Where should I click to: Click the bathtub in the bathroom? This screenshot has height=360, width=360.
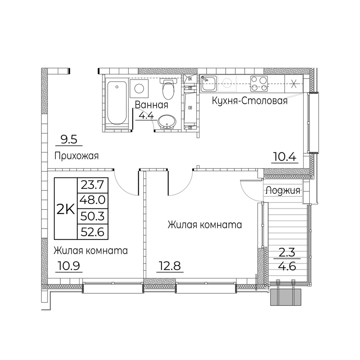click(117, 103)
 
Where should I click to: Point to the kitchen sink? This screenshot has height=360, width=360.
click(208, 84)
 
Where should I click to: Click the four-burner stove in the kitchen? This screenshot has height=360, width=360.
click(259, 84)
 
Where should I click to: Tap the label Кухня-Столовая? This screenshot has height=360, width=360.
click(249, 101)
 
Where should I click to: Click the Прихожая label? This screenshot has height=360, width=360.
click(76, 156)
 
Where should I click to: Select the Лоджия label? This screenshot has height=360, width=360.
click(283, 190)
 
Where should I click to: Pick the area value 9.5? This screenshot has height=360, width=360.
click(69, 140)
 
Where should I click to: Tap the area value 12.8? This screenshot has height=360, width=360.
click(170, 266)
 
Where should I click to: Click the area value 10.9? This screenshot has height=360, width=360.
click(69, 266)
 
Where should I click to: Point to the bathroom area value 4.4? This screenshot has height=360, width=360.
click(147, 116)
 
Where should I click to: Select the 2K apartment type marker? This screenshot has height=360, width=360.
click(66, 209)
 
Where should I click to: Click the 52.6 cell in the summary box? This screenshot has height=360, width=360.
click(93, 232)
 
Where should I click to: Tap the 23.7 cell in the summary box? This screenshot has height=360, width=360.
click(93, 185)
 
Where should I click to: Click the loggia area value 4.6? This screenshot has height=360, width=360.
click(287, 266)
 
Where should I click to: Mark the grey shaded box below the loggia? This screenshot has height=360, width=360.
click(285, 297)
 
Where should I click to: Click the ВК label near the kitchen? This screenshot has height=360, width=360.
click(190, 79)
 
